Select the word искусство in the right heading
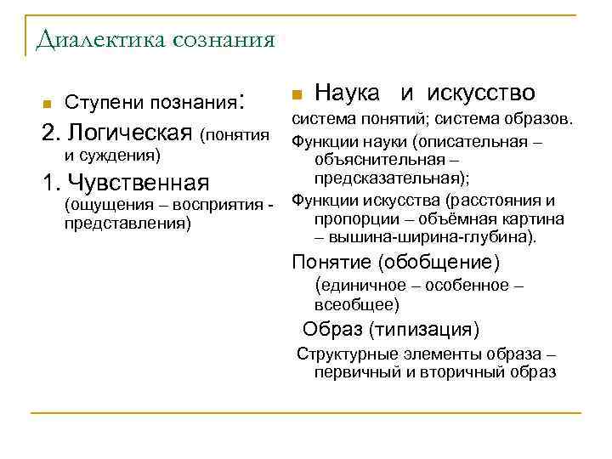pyautogui.click(x=480, y=92)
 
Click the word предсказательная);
pyautogui.click(x=392, y=178)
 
